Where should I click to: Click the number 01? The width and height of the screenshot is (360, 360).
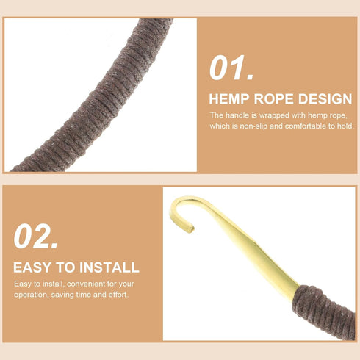231,68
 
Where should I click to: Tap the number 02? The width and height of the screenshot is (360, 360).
36,237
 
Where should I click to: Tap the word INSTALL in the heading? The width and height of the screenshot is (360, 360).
109,267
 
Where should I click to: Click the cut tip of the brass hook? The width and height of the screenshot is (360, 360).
190,229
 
